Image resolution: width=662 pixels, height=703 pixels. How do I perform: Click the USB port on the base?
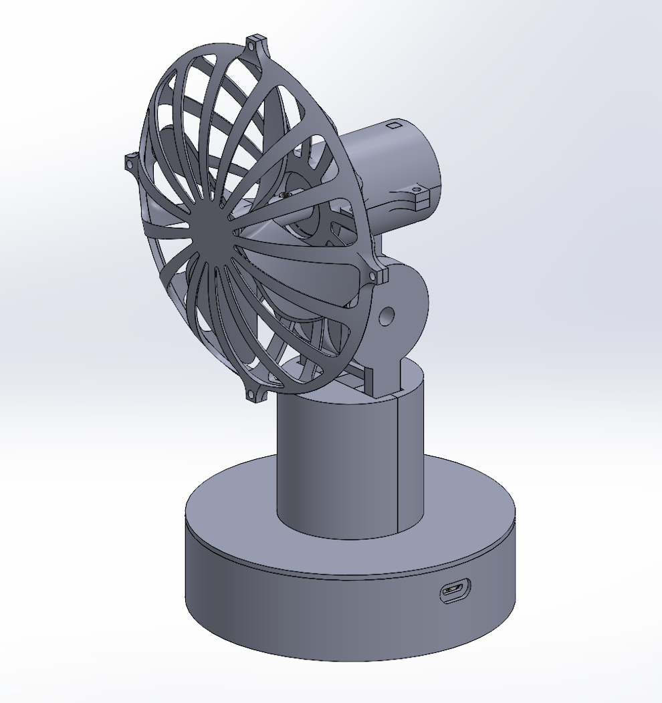[455, 591]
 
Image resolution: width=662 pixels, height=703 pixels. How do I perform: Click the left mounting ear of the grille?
[132, 162]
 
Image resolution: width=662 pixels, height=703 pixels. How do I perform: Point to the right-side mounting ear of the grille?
[378, 275]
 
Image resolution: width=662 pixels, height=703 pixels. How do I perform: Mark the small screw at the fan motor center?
[286, 195]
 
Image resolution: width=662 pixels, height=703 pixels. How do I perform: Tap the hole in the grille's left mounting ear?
[130, 162]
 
